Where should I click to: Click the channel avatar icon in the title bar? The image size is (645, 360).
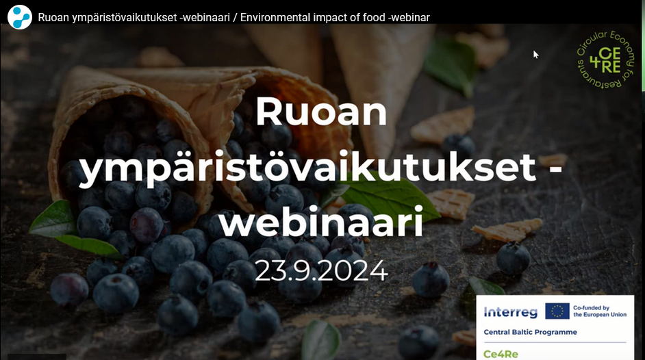(20, 16)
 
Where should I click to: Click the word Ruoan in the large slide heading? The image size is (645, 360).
(321, 112)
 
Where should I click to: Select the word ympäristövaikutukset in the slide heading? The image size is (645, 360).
(307, 168)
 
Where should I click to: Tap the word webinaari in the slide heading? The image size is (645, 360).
(320, 222)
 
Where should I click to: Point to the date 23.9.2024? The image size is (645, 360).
(321, 271)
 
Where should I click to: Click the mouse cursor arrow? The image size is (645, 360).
(536, 54)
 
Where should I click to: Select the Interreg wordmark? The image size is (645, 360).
(510, 312)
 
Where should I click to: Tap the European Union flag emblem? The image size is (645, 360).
(557, 311)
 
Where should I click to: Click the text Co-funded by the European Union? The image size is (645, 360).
(600, 311)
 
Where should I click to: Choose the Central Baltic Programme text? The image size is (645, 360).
(530, 333)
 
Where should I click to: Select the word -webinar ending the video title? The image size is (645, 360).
(409, 17)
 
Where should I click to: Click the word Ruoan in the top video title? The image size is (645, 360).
(53, 17)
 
